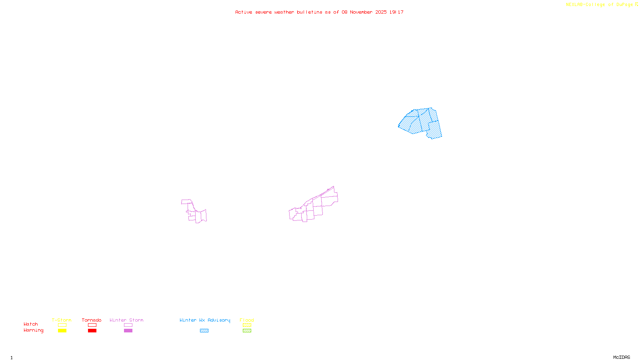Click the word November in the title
(361, 12)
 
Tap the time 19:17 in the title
(396, 12)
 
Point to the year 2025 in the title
(381, 12)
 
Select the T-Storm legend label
(62, 320)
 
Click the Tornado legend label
(92, 320)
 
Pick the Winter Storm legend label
(126, 320)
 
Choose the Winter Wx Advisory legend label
(205, 320)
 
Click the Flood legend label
(247, 320)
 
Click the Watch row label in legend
(31, 324)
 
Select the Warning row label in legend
(33, 330)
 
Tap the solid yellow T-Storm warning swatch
(62, 331)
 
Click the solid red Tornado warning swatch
(92, 331)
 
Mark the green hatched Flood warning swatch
(247, 331)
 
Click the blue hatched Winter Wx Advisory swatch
(204, 331)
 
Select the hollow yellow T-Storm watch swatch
(62, 325)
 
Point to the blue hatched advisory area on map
(420, 122)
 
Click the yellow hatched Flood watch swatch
(247, 325)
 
